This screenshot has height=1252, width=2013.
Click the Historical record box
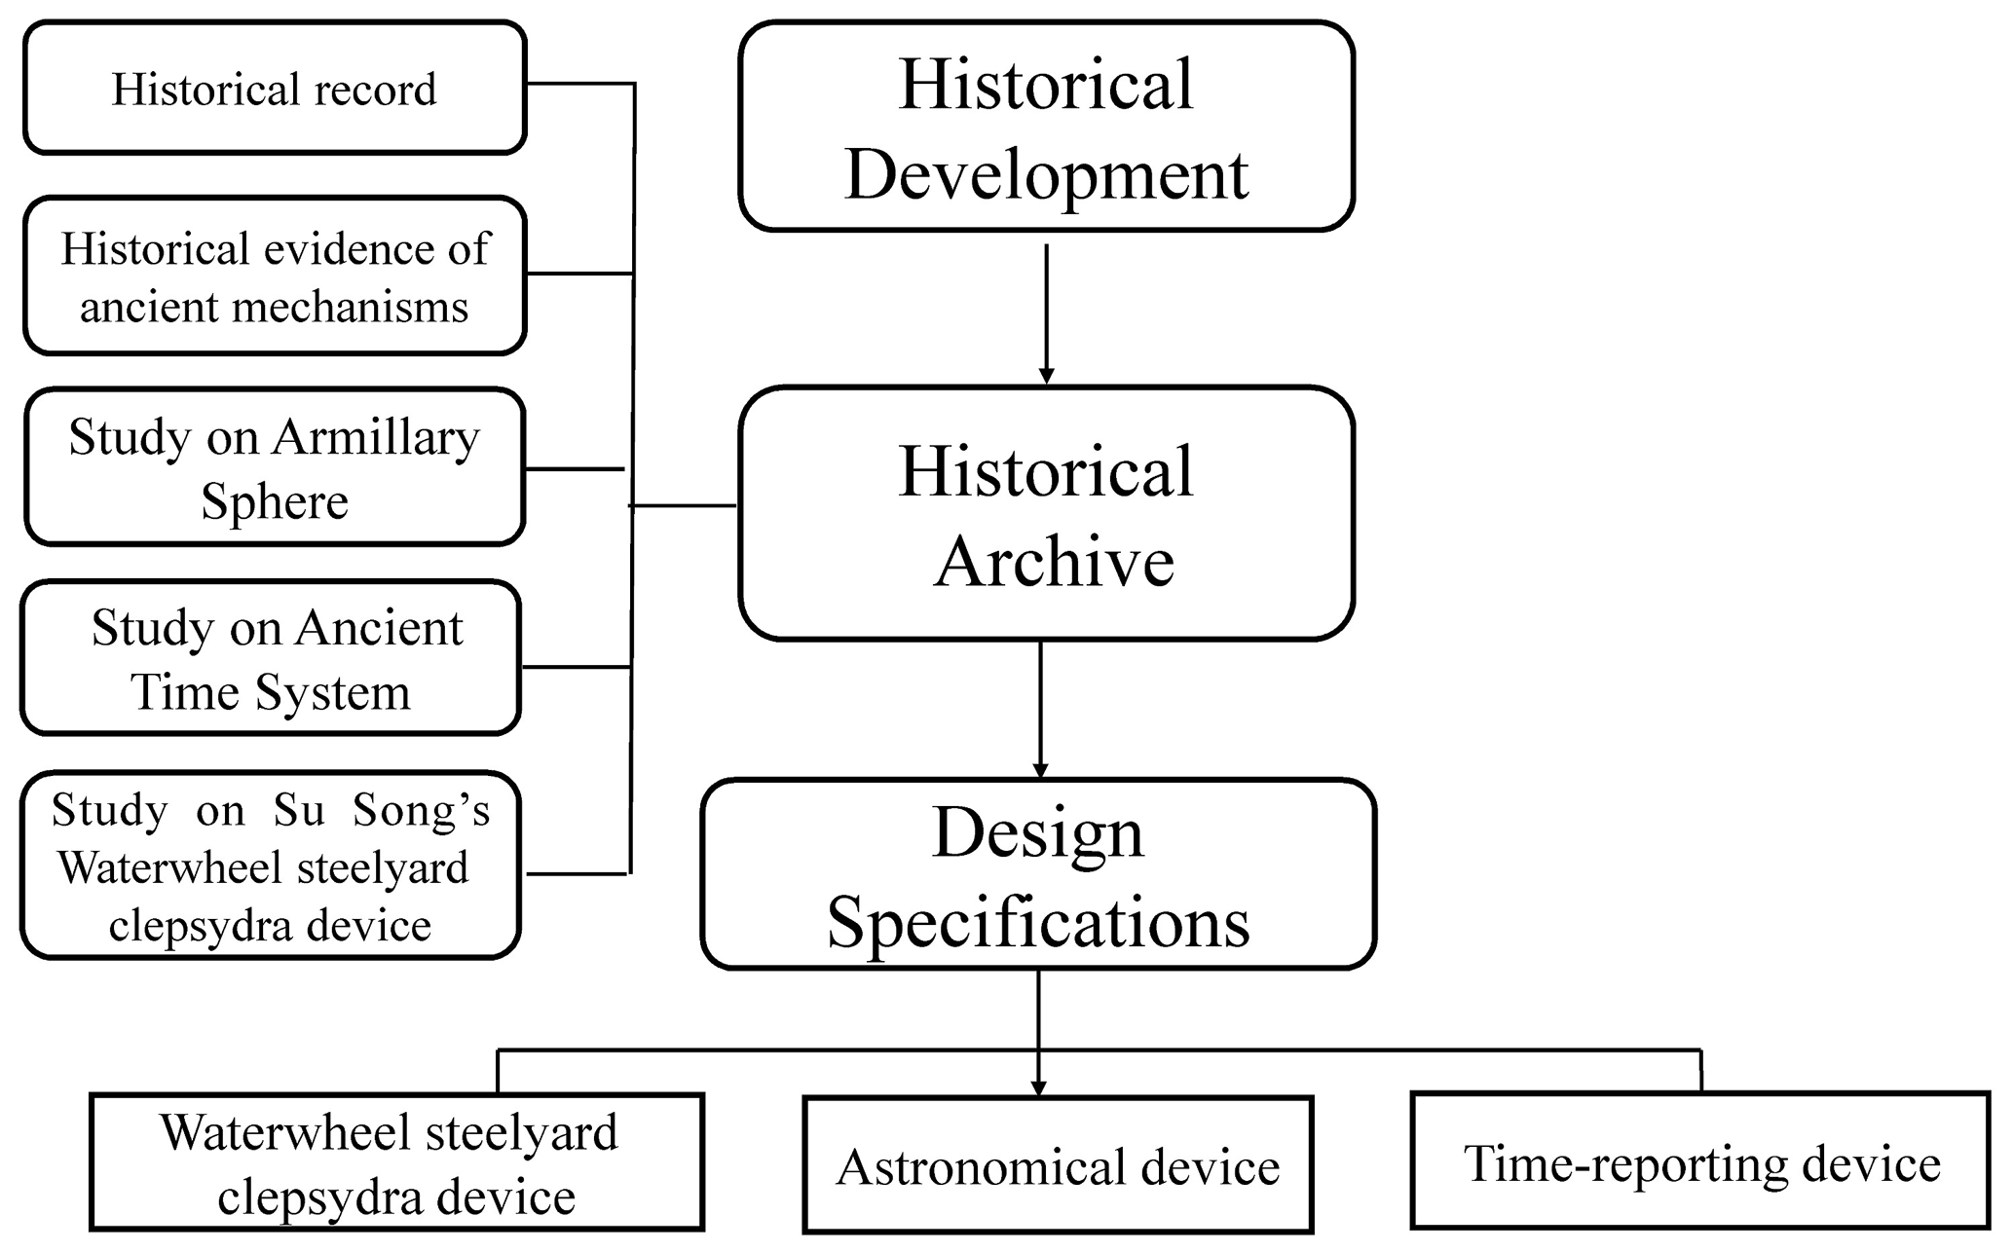point(275,89)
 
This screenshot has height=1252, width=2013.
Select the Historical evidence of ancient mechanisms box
point(275,276)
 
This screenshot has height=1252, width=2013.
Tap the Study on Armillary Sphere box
point(275,467)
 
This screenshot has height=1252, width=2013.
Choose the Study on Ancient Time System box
point(271,658)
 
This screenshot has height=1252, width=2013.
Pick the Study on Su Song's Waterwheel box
point(271,865)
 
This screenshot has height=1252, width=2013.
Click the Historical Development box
point(1046,127)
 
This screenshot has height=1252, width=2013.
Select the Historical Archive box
point(1046,514)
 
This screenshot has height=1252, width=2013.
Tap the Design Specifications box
point(1038,874)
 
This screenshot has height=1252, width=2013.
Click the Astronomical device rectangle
point(1058,1165)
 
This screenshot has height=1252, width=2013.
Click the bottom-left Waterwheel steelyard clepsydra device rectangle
point(395,1162)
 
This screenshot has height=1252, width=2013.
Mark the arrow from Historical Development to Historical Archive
point(1046,312)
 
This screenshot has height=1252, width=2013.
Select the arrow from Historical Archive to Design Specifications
point(1040,709)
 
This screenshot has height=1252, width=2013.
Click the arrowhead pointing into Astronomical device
point(1038,1086)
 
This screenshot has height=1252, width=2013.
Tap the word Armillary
point(376,438)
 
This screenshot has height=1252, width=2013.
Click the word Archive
point(1054,563)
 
